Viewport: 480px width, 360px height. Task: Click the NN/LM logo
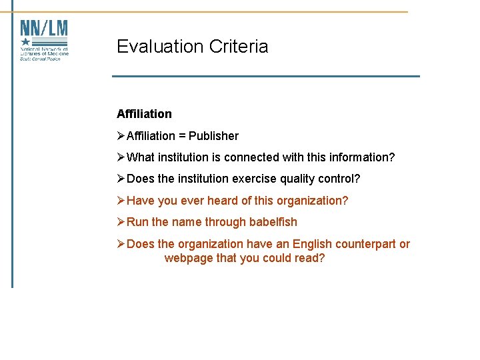[44, 40]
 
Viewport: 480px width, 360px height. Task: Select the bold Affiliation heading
[144, 114]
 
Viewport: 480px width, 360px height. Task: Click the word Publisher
[213, 136]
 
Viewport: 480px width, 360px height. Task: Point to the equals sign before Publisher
[182, 136]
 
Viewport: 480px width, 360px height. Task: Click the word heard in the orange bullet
[225, 201]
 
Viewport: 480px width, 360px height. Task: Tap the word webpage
[189, 257]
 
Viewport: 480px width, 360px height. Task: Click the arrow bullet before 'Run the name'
[121, 222]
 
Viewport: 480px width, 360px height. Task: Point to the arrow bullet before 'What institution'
[121, 157]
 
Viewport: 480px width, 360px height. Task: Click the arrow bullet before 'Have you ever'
[121, 201]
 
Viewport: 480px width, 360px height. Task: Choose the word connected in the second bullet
[251, 157]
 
